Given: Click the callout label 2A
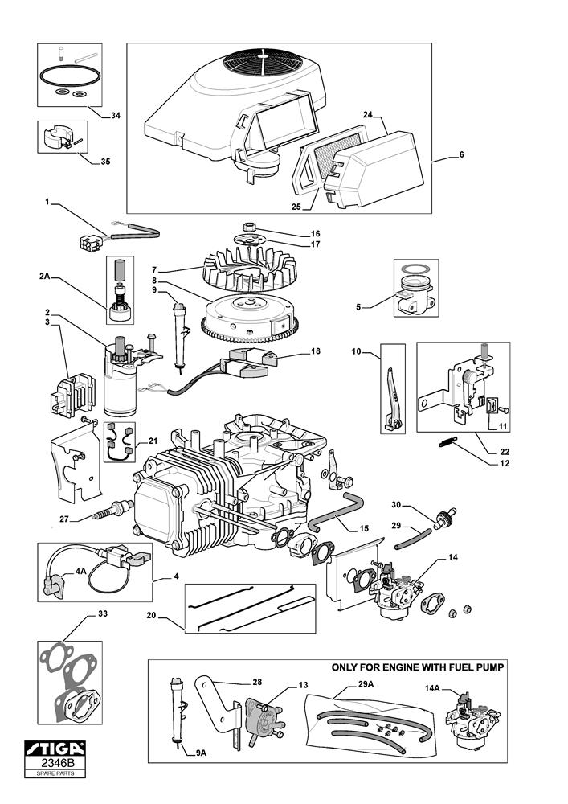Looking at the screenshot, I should (x=44, y=276).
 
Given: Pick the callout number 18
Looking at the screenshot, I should (x=315, y=351).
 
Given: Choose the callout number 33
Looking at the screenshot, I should (x=102, y=614).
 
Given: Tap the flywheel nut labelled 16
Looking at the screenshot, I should (x=248, y=228).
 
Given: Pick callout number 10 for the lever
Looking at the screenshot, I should (x=357, y=351).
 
